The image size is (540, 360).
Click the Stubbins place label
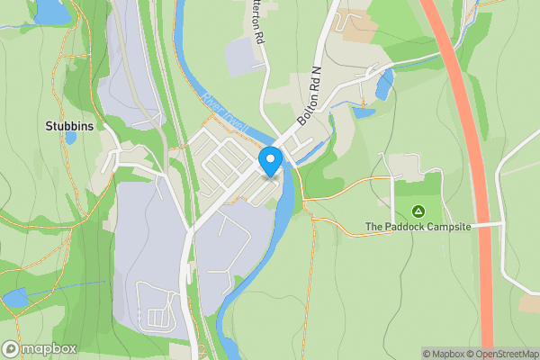tap(69, 127)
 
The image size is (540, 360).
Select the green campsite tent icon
tap(418, 211)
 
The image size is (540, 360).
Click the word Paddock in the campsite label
tap(409, 227)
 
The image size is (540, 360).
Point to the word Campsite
tap(449, 227)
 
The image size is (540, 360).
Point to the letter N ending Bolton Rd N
tap(316, 71)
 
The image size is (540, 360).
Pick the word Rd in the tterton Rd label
tap(259, 39)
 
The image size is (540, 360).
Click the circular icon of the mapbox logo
tap(11, 348)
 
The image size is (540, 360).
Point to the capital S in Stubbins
tap(49, 127)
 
